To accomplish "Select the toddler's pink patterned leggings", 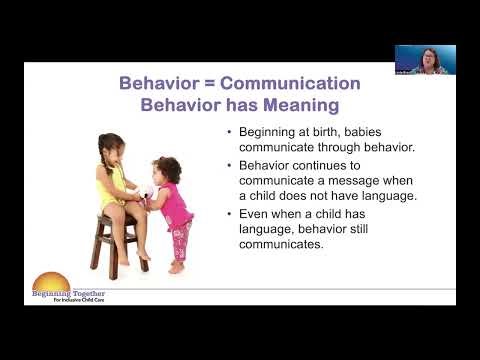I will coord(180,240).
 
